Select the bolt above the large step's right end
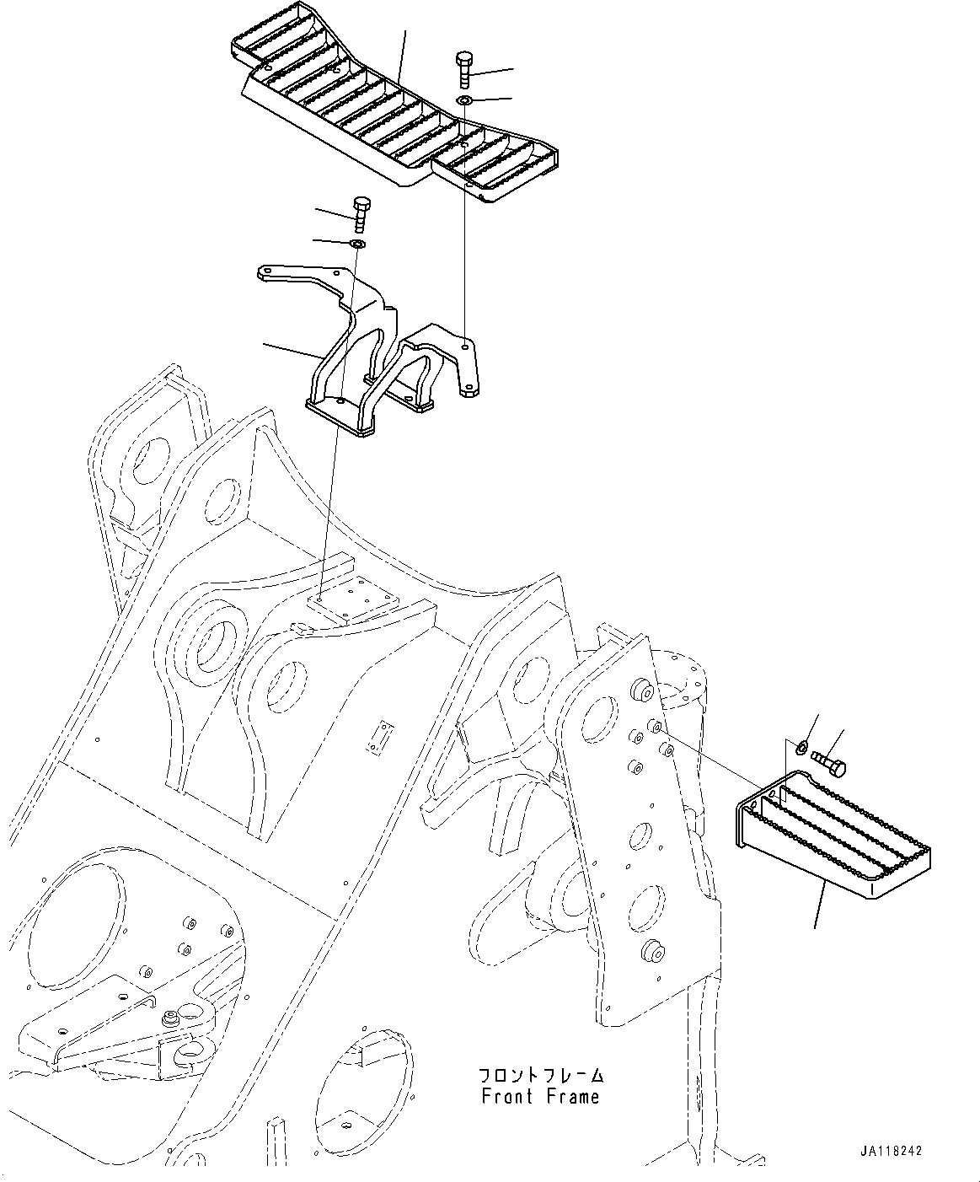pyautogui.click(x=464, y=70)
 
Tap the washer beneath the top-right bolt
pyautogui.click(x=464, y=101)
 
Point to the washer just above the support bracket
pyautogui.click(x=357, y=244)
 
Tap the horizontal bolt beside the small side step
pyautogui.click(x=830, y=762)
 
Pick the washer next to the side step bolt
pyautogui.click(x=801, y=745)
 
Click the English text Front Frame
pyautogui.click(x=540, y=1097)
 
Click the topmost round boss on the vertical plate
pyautogui.click(x=641, y=690)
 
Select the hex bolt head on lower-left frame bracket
pyautogui.click(x=172, y=1017)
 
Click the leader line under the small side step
pyautogui.click(x=818, y=902)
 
